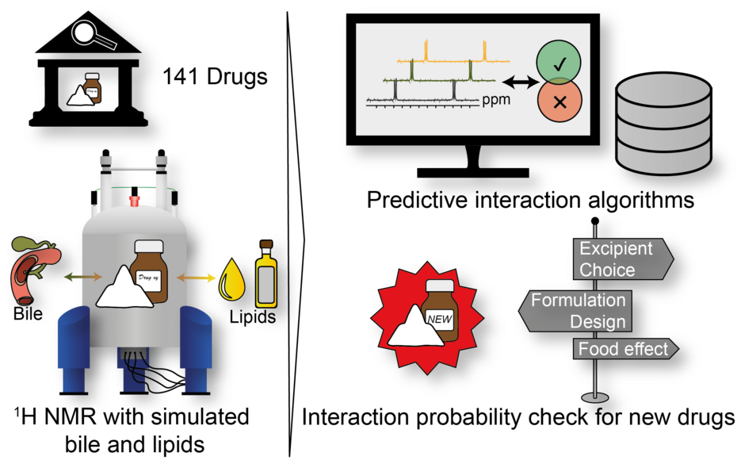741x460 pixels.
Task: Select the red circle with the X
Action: [x=559, y=102]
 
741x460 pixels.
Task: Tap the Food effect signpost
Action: [x=625, y=349]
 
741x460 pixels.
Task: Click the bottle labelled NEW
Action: [x=441, y=312]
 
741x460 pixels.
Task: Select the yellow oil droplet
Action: [x=232, y=279]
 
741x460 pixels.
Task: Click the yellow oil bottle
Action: [x=265, y=275]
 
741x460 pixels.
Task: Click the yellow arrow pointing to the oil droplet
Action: [x=196, y=278]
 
